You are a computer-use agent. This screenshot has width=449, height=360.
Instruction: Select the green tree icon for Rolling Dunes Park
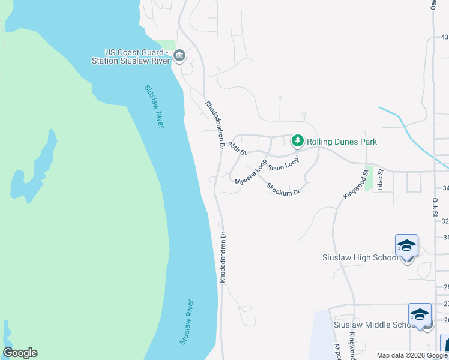pos(297,142)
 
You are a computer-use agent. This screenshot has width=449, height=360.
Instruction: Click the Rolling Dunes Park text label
pos(342,142)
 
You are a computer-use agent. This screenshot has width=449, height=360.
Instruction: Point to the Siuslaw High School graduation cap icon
pos(406,246)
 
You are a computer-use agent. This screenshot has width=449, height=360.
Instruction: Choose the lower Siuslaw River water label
pos(187,322)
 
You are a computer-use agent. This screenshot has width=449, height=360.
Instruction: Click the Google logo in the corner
pos(20,353)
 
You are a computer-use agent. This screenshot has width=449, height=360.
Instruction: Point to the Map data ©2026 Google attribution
pos(412,355)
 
